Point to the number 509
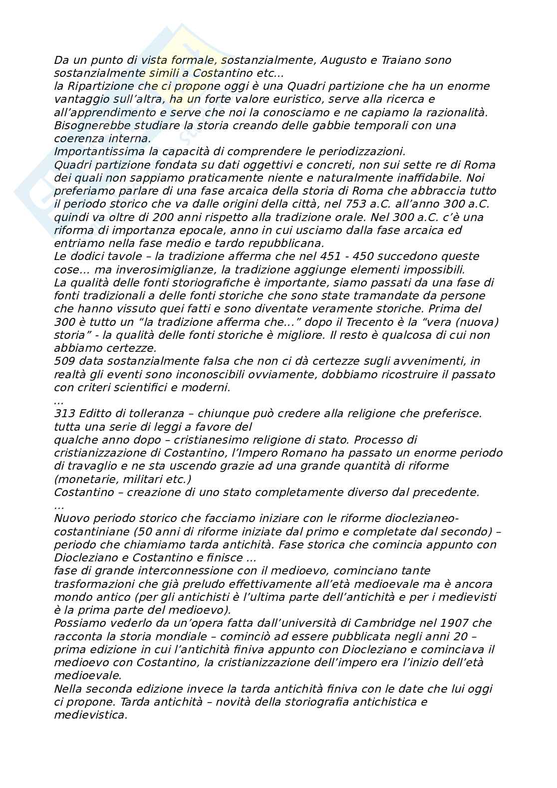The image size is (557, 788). pos(64,361)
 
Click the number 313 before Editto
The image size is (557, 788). pos(64,414)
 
